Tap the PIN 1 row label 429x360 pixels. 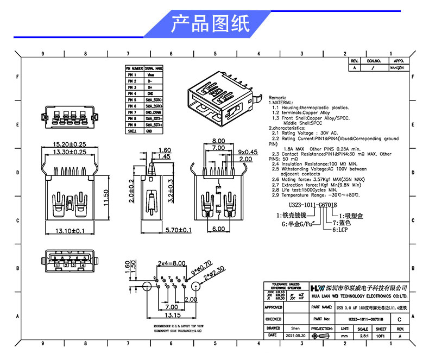coord(131,75)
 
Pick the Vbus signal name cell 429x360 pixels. coord(154,75)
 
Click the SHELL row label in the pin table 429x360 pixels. coord(131,131)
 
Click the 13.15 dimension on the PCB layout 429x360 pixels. coord(173,315)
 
